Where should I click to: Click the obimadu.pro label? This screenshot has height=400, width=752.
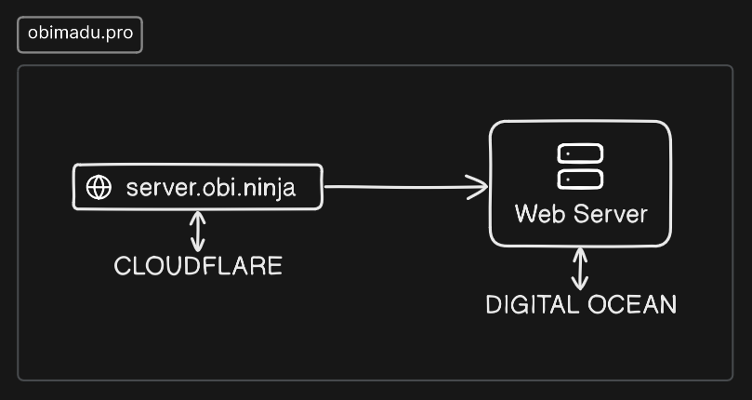(x=80, y=33)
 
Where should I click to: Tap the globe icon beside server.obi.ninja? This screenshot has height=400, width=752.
(x=99, y=187)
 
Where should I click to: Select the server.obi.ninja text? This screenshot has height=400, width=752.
(x=210, y=188)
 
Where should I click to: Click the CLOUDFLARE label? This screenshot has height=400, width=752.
(x=198, y=265)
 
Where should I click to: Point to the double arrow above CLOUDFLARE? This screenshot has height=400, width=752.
(x=198, y=232)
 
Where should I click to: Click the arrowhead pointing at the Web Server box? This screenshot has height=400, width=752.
(x=478, y=187)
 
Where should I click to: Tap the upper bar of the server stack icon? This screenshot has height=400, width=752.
(x=580, y=153)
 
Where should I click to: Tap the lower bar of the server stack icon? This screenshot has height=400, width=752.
(x=580, y=180)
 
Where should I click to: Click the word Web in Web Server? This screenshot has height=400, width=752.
(x=540, y=214)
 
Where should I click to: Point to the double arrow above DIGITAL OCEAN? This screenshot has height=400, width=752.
(x=580, y=269)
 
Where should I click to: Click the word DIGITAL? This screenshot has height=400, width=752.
(x=533, y=304)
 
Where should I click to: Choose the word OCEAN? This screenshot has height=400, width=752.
(x=632, y=304)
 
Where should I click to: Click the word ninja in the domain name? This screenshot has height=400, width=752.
(x=269, y=189)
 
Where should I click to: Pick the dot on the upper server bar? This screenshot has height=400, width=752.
(x=568, y=153)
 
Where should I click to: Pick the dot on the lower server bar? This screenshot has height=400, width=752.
(x=568, y=180)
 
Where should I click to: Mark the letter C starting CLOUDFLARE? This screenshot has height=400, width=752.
(x=123, y=265)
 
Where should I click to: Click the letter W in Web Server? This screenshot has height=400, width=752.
(x=527, y=214)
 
